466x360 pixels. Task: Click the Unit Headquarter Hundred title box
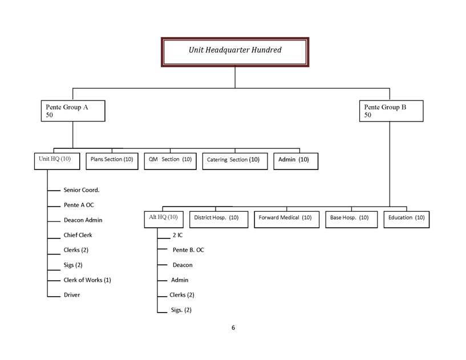click(x=235, y=51)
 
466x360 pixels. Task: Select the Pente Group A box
click(x=72, y=111)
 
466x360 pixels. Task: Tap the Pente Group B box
click(x=391, y=111)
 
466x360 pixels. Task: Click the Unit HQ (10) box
click(x=55, y=159)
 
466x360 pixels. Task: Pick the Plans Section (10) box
click(x=112, y=160)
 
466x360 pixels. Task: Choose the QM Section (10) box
click(x=170, y=160)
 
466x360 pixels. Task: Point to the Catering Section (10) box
click(x=233, y=160)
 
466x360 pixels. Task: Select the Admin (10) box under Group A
click(x=295, y=160)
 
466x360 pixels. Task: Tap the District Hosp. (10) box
click(x=218, y=218)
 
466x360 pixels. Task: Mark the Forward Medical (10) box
click(x=286, y=218)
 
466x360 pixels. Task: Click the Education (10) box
click(x=406, y=218)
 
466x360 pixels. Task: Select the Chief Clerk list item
click(x=78, y=235)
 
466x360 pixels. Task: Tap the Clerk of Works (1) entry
click(x=87, y=280)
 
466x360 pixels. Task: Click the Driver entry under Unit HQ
click(x=72, y=295)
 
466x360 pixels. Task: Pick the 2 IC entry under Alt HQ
click(x=177, y=234)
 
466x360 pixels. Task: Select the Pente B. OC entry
click(x=188, y=250)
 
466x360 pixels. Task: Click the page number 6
click(x=233, y=327)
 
